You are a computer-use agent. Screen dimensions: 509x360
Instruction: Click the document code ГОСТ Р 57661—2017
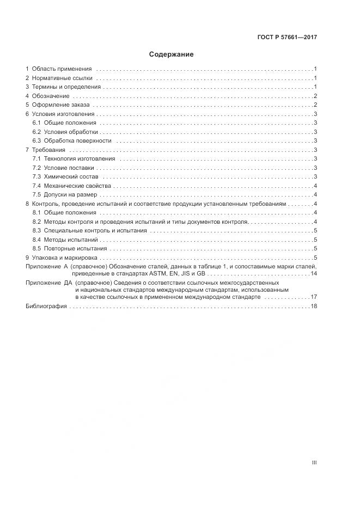287,38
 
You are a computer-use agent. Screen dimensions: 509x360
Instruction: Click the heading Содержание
172,54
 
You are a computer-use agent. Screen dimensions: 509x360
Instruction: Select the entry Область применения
62,69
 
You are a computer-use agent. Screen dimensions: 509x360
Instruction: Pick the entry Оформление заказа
61,105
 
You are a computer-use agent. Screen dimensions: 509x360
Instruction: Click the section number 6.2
37,132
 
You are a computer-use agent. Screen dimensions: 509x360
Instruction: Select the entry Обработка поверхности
77,141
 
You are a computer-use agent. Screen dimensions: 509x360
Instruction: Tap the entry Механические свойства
77,186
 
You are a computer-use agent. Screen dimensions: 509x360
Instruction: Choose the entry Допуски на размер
70,195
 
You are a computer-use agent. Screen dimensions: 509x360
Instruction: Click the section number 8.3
37,231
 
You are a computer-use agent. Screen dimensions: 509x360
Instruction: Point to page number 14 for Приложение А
314,273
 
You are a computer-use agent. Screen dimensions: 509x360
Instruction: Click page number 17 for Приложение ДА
314,297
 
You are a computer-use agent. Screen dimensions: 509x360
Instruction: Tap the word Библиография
46,306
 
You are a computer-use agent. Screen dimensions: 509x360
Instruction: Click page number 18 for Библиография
314,306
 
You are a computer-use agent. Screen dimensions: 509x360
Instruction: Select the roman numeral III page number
314,463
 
